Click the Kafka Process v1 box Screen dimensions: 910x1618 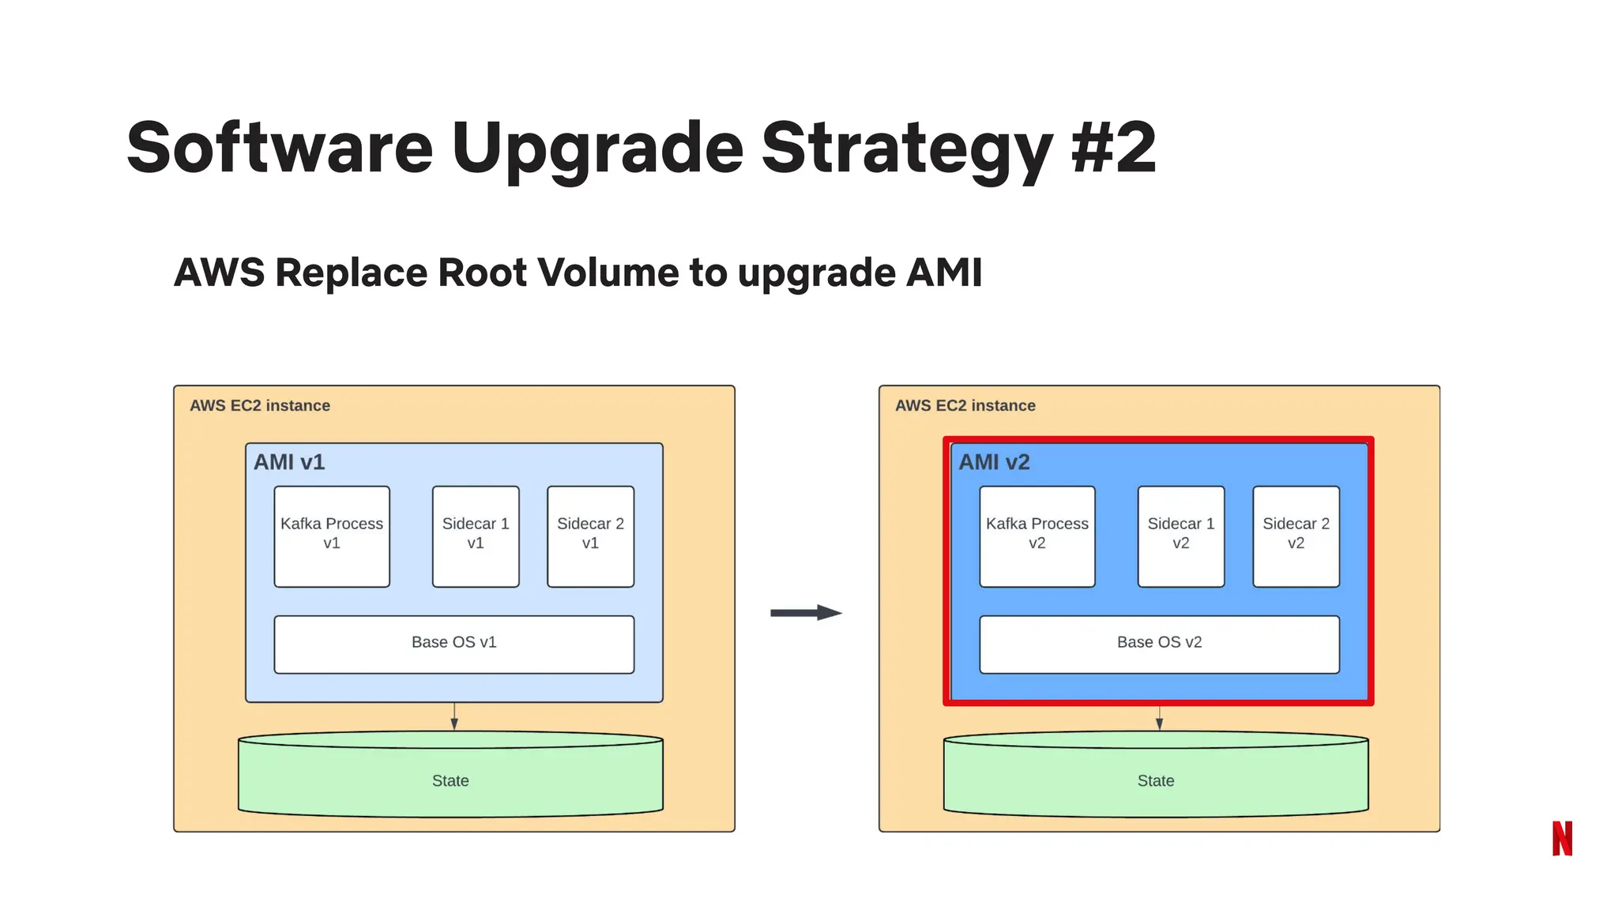[332, 536]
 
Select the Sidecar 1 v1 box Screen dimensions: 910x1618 [476, 536]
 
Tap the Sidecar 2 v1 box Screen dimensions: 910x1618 [590, 536]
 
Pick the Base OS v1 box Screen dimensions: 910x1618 [453, 644]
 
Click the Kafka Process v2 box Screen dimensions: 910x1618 [1037, 536]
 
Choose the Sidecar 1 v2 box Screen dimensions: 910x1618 [1180, 536]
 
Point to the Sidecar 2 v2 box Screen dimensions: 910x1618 [1296, 536]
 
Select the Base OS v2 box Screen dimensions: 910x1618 [1159, 644]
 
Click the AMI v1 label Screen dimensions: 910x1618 [289, 462]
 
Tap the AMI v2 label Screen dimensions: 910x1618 [994, 462]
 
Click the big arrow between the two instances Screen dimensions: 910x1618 [806, 612]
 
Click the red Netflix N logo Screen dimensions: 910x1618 [1562, 838]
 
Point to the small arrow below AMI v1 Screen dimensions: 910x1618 [454, 717]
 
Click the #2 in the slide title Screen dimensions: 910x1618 [1114, 148]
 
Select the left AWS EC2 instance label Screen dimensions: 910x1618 [260, 405]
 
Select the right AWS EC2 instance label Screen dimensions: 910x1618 [965, 405]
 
